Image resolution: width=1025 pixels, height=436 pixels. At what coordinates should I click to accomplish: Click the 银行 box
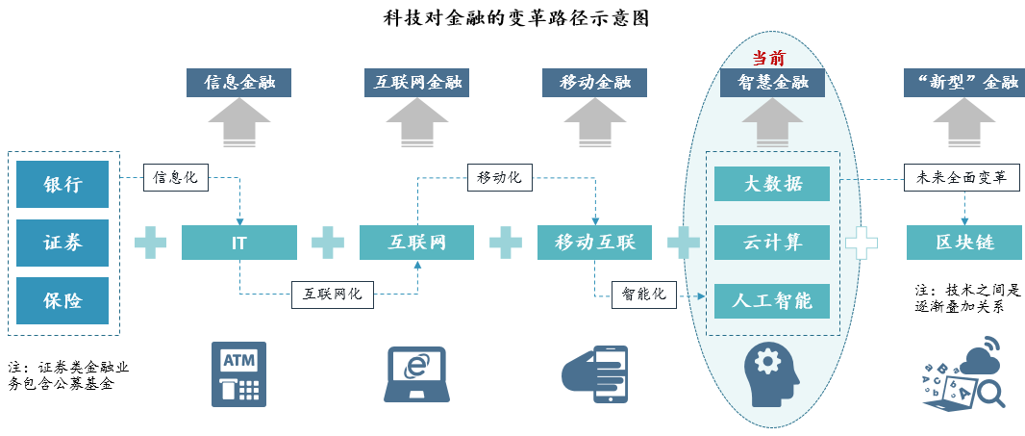click(x=62, y=185)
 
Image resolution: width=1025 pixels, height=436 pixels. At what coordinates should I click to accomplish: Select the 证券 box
click(x=62, y=243)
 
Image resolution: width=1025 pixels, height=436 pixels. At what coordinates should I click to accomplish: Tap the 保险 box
click(x=62, y=300)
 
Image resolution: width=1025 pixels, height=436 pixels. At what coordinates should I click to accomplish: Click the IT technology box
click(x=239, y=243)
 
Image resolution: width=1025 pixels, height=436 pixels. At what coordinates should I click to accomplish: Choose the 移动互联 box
click(x=595, y=243)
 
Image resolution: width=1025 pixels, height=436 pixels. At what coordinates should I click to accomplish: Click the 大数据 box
click(x=772, y=183)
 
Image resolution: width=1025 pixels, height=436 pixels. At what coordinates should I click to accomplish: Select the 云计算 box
click(x=772, y=243)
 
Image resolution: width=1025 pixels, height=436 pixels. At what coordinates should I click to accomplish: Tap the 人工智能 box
click(x=772, y=301)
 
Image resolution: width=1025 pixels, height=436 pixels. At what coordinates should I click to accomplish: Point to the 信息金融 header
click(x=239, y=83)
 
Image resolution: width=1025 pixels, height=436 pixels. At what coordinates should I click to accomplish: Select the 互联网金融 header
click(x=417, y=83)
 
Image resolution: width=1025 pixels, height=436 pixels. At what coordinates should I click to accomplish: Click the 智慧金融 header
click(x=772, y=83)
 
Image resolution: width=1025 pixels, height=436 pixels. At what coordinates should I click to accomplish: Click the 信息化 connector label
click(x=176, y=177)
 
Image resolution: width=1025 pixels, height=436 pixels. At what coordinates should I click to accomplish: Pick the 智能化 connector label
click(x=644, y=295)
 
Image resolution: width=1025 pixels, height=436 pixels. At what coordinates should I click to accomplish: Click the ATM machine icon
click(x=239, y=374)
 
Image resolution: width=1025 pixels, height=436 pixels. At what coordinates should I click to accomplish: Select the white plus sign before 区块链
click(x=862, y=243)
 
